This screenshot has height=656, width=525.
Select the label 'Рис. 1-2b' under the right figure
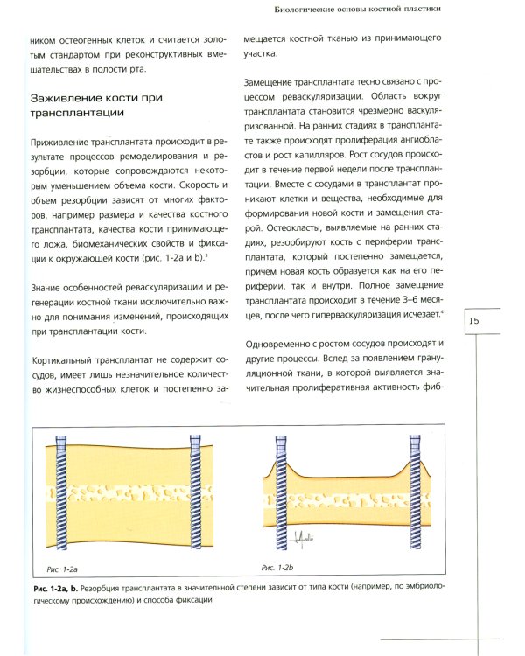coord(279,569)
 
